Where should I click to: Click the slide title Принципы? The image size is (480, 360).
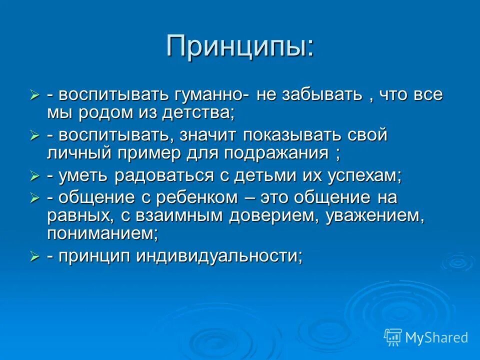click(240, 46)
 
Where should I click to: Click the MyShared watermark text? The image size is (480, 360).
click(436, 337)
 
